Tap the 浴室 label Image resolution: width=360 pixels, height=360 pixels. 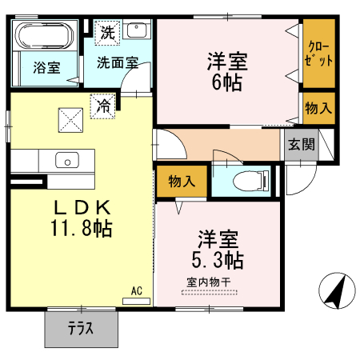46,69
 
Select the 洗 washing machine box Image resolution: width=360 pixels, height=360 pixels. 106,34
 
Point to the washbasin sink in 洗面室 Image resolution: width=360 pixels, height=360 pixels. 138,31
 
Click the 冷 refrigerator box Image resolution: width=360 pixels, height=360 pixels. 103,105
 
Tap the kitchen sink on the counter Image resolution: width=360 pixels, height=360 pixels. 67,161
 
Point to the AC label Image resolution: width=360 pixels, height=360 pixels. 137,293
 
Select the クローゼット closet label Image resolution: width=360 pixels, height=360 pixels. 318,55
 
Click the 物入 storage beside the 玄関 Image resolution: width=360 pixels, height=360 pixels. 318,107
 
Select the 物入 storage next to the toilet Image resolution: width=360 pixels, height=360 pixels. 182,182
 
